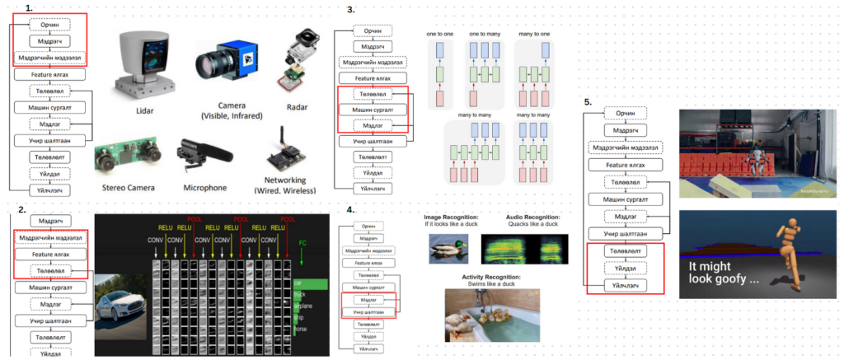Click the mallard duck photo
point(448,248)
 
